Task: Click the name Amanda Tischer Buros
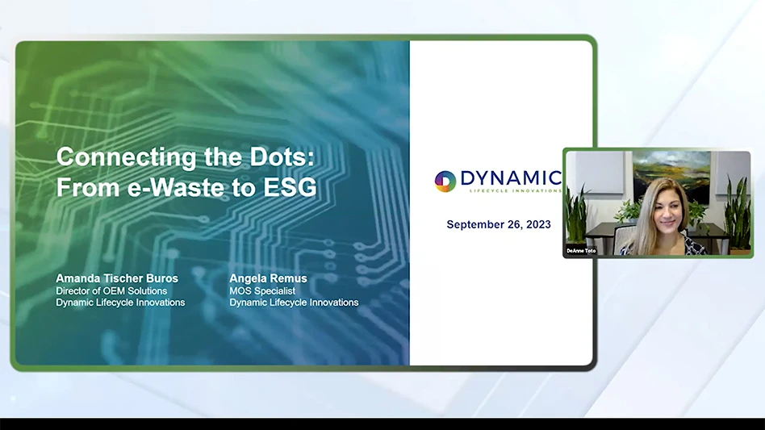point(117,278)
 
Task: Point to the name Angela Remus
point(268,278)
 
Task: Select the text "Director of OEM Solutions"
point(111,290)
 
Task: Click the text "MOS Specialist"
point(262,290)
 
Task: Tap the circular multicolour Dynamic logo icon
point(445,181)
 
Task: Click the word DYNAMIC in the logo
point(510,177)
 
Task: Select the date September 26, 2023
point(499,224)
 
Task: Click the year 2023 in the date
point(537,224)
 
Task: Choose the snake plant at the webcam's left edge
point(577,215)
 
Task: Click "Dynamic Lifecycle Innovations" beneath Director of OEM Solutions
point(120,303)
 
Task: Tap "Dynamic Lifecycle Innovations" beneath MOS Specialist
point(294,303)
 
